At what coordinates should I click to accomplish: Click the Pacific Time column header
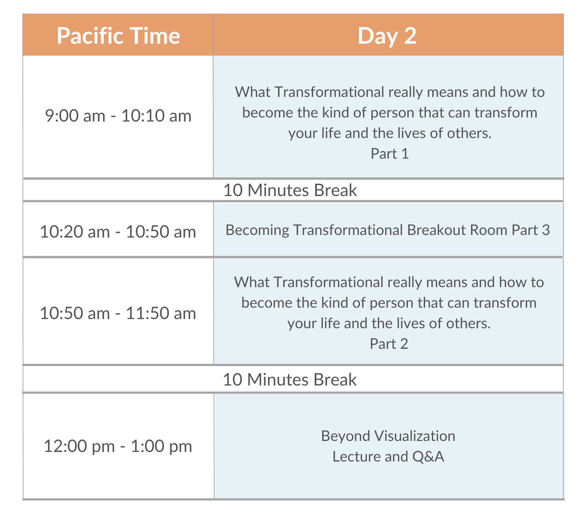pyautogui.click(x=118, y=36)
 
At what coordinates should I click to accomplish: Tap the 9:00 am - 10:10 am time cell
pyautogui.click(x=118, y=116)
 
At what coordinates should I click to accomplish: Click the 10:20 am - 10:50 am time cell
pyautogui.click(x=118, y=232)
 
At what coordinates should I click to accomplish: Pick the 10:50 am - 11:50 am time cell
pyautogui.click(x=118, y=313)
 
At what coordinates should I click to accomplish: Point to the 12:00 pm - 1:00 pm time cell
pyautogui.click(x=118, y=446)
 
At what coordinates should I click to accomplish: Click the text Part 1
pyautogui.click(x=390, y=153)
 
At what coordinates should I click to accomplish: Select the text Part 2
pyautogui.click(x=389, y=344)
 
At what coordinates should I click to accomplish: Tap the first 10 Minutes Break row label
pyautogui.click(x=290, y=190)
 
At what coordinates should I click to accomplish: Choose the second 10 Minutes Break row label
pyautogui.click(x=289, y=380)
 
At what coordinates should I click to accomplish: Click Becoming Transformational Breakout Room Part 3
pyautogui.click(x=388, y=230)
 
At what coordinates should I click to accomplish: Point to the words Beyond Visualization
pyautogui.click(x=388, y=436)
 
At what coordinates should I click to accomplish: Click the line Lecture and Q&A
pyautogui.click(x=388, y=456)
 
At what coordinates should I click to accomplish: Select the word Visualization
pyautogui.click(x=415, y=436)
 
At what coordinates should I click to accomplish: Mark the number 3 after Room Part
pyautogui.click(x=546, y=230)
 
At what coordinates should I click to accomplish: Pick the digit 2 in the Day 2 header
pyautogui.click(x=410, y=36)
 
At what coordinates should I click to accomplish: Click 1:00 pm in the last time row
pyautogui.click(x=161, y=446)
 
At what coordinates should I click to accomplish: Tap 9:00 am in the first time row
pyautogui.click(x=75, y=116)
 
